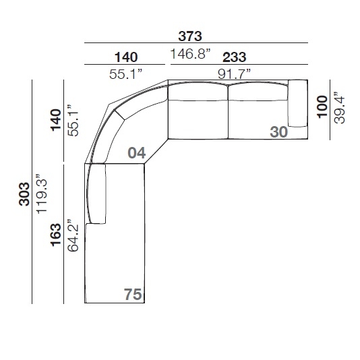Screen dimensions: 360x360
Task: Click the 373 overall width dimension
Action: (190, 36)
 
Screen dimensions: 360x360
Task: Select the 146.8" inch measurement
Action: (190, 54)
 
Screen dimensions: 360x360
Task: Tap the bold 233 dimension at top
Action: (234, 57)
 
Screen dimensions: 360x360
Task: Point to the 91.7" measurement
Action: (234, 74)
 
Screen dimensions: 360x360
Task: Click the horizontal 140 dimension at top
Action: (126, 57)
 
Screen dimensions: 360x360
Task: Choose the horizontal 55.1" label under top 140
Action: (126, 74)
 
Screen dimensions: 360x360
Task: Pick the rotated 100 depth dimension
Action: (322, 107)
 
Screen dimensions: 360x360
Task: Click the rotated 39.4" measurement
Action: (339, 108)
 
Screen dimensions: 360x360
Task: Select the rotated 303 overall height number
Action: (24, 194)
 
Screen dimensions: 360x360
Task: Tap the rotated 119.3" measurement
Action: (42, 194)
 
